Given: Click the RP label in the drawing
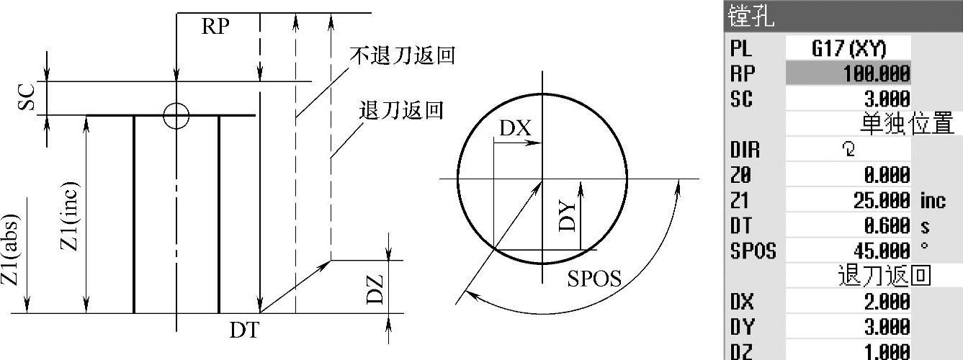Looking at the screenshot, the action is click(215, 27).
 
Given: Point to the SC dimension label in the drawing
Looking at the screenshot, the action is click(26, 98).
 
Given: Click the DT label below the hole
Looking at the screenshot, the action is click(244, 331).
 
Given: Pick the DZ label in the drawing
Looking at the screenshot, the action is click(375, 287).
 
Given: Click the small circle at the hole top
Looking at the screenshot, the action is click(176, 115).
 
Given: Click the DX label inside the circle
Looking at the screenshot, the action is click(515, 128).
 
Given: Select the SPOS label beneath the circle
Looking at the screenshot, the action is click(594, 279).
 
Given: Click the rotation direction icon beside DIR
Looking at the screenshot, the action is click(848, 150).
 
